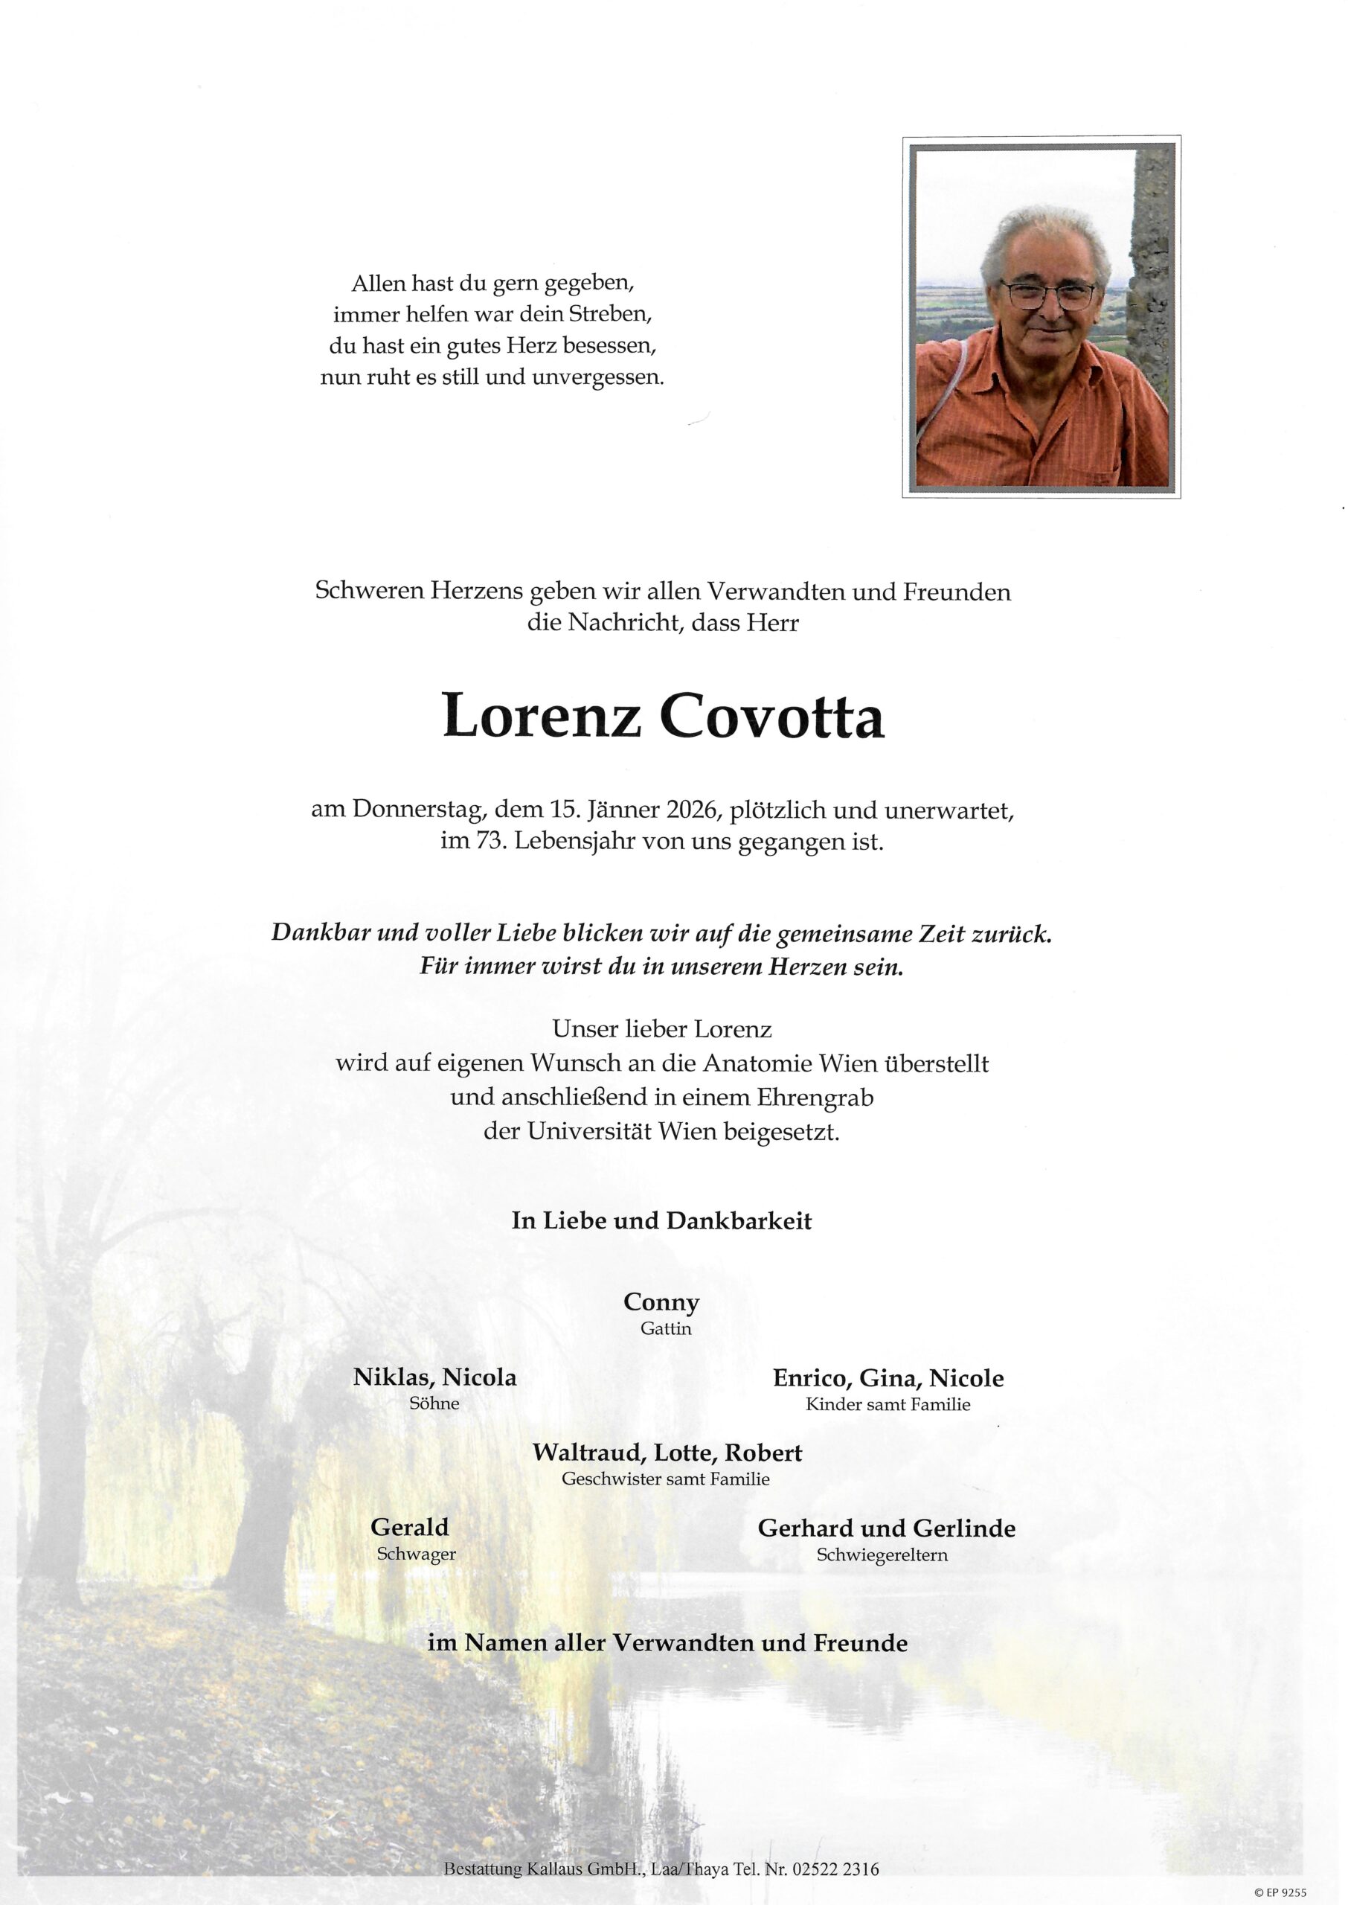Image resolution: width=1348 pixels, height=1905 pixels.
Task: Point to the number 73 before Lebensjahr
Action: [x=489, y=842]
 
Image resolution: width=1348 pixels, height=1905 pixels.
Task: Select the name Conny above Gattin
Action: [x=661, y=1302]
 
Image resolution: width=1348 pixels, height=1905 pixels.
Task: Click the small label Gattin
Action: [x=665, y=1329]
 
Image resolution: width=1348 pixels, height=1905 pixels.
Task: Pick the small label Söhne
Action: [x=434, y=1403]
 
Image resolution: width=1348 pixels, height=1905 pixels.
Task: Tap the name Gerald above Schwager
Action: [x=409, y=1526]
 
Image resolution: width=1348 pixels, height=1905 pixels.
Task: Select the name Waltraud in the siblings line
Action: [x=588, y=1453]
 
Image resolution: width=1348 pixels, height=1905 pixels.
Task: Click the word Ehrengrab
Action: [x=815, y=1098]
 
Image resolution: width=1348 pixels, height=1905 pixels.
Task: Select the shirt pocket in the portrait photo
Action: [x=1117, y=465]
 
